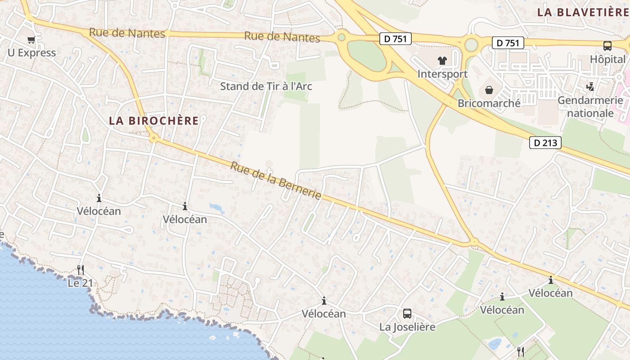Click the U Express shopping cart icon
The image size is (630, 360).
(x=31, y=40)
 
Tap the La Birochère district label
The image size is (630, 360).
(x=153, y=121)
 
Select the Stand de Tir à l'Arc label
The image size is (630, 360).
(x=266, y=86)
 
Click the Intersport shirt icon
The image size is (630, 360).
(x=442, y=61)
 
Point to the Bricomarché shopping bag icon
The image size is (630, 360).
(x=489, y=90)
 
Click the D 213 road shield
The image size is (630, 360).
(x=545, y=143)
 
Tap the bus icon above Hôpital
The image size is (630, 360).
(x=607, y=45)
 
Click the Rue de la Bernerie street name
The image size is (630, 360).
(x=276, y=180)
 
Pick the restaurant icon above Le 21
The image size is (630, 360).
(x=81, y=270)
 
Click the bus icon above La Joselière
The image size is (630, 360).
(x=407, y=313)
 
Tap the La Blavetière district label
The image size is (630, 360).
(x=583, y=12)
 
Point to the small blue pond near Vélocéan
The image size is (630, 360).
(x=216, y=208)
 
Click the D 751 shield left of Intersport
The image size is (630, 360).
(x=396, y=39)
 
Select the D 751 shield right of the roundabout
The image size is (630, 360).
(x=508, y=43)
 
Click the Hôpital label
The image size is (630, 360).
(x=607, y=59)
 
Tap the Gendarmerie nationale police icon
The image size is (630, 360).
(x=590, y=86)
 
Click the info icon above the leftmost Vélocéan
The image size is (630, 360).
(x=99, y=198)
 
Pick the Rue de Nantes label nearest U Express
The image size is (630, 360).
(x=127, y=33)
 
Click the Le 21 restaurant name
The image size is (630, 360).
(x=80, y=283)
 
